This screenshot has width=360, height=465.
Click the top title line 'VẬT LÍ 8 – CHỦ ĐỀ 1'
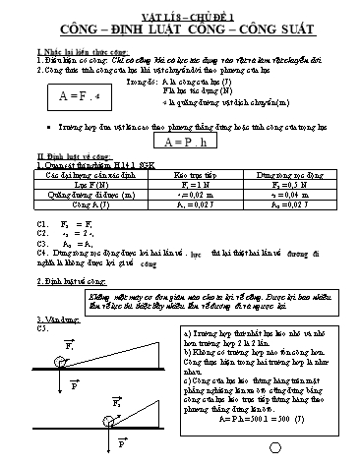click(179, 7)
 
